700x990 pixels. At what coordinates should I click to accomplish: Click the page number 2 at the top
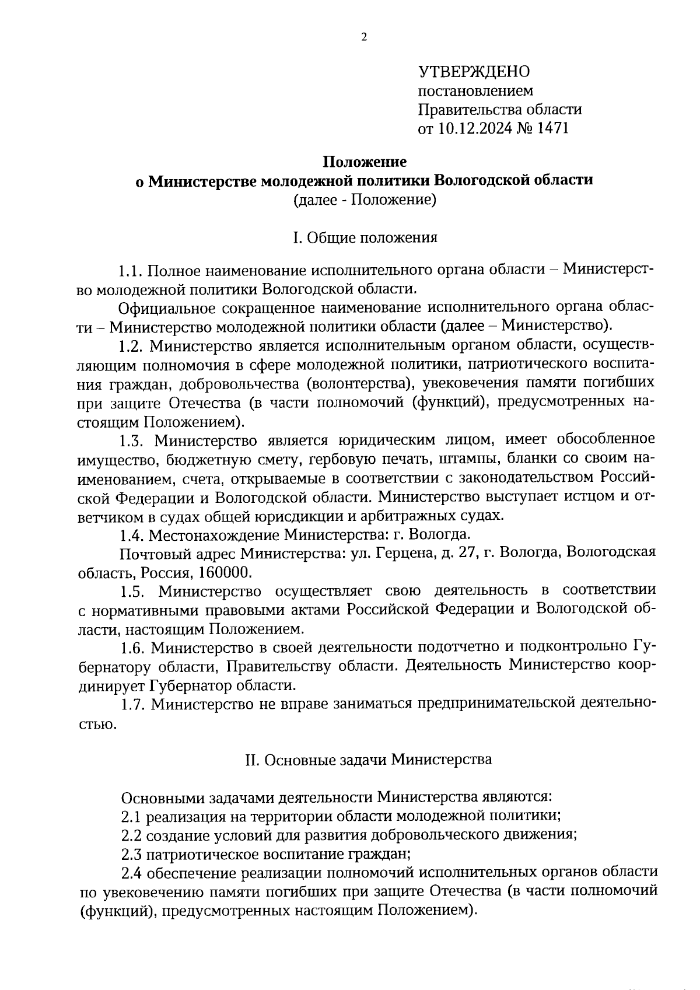coord(365,38)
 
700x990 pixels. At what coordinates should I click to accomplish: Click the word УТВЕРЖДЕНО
coord(474,72)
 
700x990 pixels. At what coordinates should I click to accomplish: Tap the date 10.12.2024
coord(474,128)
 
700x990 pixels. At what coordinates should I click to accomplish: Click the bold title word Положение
coord(365,161)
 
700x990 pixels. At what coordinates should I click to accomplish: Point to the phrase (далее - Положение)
coord(365,200)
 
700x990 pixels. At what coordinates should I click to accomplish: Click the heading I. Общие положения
coord(365,237)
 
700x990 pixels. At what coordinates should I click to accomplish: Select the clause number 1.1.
coord(131,271)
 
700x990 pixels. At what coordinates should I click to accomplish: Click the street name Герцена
coord(402,552)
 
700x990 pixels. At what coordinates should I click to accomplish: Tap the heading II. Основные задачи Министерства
coord(367,760)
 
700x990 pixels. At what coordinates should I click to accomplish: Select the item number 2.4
coord(131,873)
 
